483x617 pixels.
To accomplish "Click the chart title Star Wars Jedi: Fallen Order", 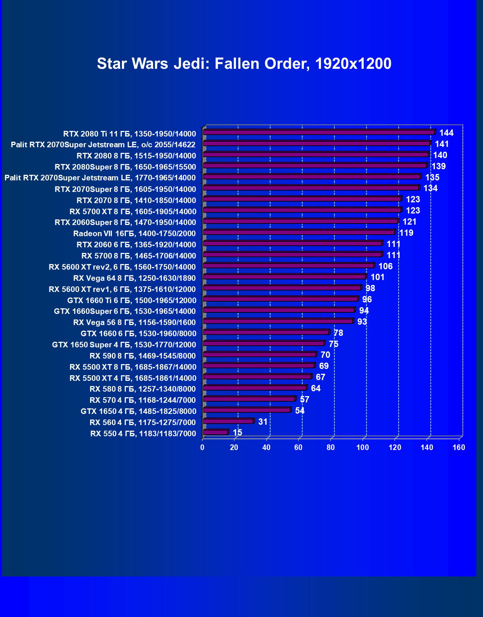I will [x=244, y=64].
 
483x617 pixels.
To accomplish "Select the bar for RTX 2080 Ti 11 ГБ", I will [x=319, y=132].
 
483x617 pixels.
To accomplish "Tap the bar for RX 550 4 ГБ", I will [x=215, y=432].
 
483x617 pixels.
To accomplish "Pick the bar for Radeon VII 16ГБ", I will [x=299, y=232].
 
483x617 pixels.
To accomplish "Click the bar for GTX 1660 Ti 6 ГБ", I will [x=281, y=299].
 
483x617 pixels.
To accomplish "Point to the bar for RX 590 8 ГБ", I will [x=260, y=354].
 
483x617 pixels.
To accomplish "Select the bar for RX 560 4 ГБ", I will [x=228, y=421].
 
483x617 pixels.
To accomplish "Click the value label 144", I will [x=446, y=133].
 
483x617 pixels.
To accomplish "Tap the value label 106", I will [x=385, y=266].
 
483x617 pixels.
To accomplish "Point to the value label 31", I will [x=263, y=422].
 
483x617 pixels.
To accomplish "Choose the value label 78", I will [x=338, y=333].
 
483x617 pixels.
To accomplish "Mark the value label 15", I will [x=237, y=433].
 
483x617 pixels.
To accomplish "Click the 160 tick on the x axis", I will [x=459, y=447].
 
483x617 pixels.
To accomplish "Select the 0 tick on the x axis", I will [x=202, y=447].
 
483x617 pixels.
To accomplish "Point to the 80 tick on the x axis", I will [x=331, y=447].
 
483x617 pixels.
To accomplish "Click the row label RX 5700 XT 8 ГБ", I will [x=133, y=212].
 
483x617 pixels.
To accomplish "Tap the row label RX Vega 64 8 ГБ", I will [x=134, y=278].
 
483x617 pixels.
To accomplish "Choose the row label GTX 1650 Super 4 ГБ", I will [x=124, y=345].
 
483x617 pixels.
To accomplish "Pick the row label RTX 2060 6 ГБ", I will [x=136, y=245].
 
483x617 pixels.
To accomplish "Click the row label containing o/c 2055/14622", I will [x=103, y=145].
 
